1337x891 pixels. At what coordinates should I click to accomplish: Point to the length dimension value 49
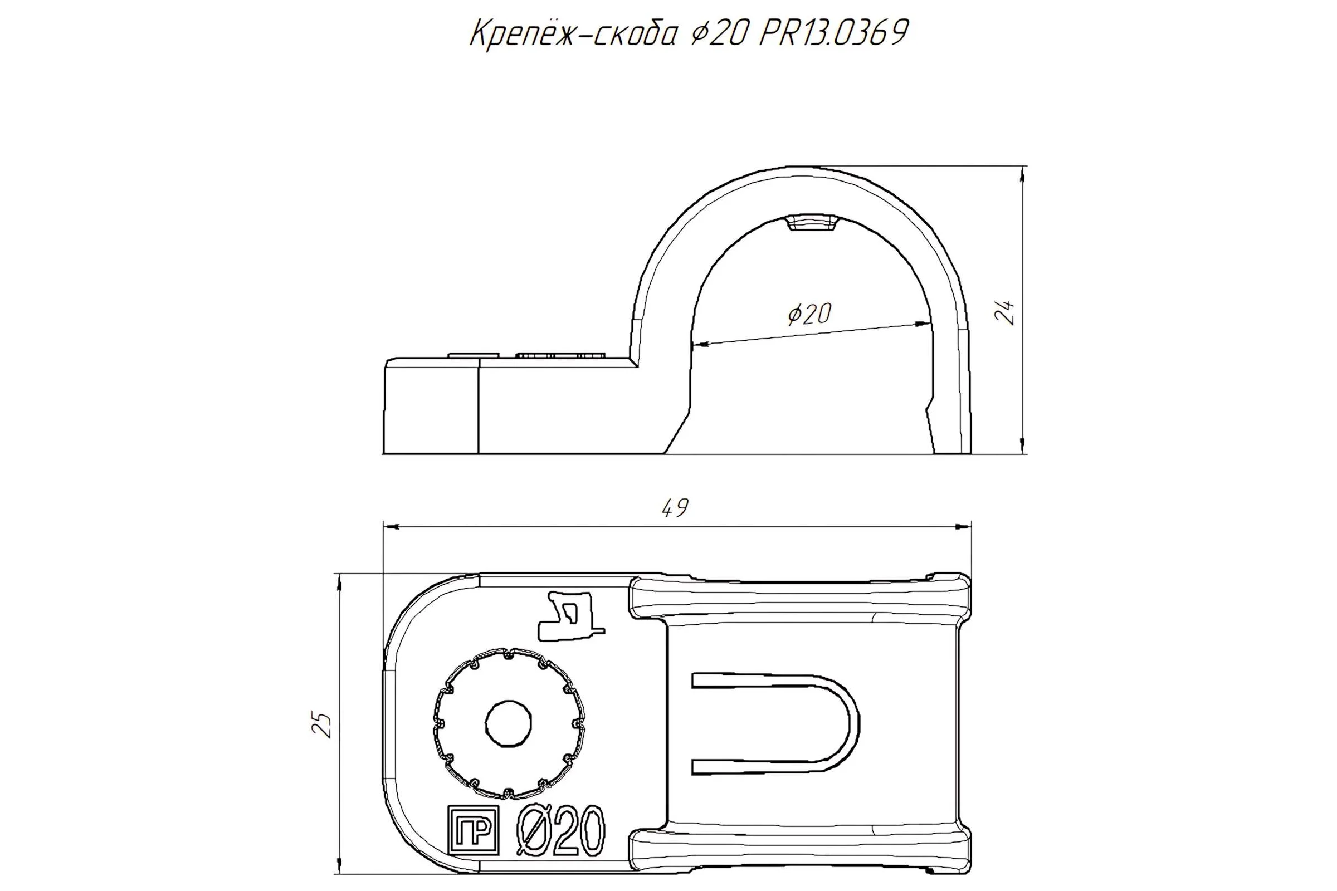[675, 507]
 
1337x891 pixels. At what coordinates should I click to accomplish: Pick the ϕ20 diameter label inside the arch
[809, 314]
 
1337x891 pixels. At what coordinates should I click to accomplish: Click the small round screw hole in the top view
[509, 723]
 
